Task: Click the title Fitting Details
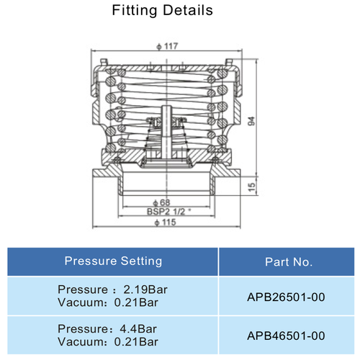coord(163,11)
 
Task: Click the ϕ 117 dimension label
coord(168,46)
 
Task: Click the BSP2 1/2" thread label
coord(168,212)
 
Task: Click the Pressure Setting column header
coord(113,261)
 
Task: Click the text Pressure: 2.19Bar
coord(108,289)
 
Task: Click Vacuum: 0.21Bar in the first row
coord(108,302)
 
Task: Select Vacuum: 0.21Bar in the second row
coord(108,341)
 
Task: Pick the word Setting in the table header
coord(140,261)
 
